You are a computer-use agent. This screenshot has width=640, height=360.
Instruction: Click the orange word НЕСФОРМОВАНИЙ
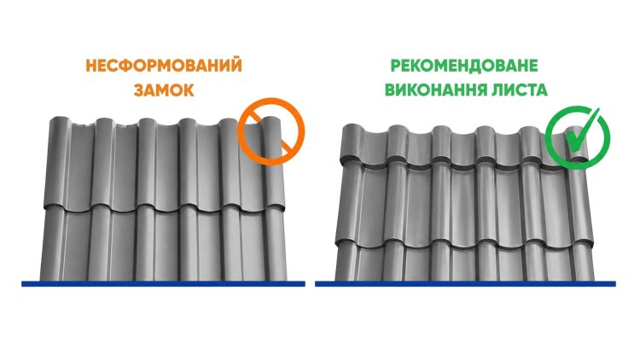pos(164,67)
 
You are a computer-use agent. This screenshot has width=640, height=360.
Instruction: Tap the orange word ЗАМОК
pos(164,90)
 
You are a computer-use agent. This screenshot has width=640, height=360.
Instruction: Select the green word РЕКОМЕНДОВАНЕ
pos(464,66)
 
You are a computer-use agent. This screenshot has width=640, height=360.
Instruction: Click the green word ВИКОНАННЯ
pos(431,90)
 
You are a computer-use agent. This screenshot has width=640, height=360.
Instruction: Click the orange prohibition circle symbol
pos(271,131)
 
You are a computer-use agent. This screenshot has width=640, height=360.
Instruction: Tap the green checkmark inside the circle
pos(582,131)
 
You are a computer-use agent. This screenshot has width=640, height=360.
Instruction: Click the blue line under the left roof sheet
pos(163,284)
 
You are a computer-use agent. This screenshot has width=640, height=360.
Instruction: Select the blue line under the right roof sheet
pos(465,284)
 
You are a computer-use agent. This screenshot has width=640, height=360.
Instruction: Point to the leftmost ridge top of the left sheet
pos(59,119)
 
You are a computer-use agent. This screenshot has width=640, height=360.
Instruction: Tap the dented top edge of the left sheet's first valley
pos(83,125)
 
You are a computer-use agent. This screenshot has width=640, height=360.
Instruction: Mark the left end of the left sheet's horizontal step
pos(45,208)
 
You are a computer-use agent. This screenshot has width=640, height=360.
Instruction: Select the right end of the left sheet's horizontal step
pos(284,208)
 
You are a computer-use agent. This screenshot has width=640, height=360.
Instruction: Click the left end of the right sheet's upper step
pos(341,163)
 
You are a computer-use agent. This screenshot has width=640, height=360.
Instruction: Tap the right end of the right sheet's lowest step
pos(593,244)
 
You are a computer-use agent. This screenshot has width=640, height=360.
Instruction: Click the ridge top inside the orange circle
pos(271,120)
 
